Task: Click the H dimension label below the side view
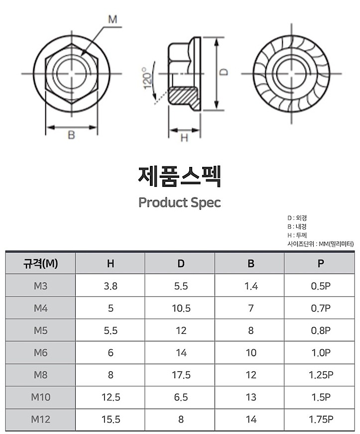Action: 184,138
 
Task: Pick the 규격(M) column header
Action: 41,263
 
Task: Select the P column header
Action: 321,263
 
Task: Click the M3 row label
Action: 41,286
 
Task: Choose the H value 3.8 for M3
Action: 111,286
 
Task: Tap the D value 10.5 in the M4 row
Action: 181,308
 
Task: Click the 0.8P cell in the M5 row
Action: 321,331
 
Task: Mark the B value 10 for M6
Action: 251,353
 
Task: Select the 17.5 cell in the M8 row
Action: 181,375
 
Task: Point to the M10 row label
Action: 41,397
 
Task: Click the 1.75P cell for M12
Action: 321,420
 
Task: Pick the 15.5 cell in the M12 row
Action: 111,420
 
